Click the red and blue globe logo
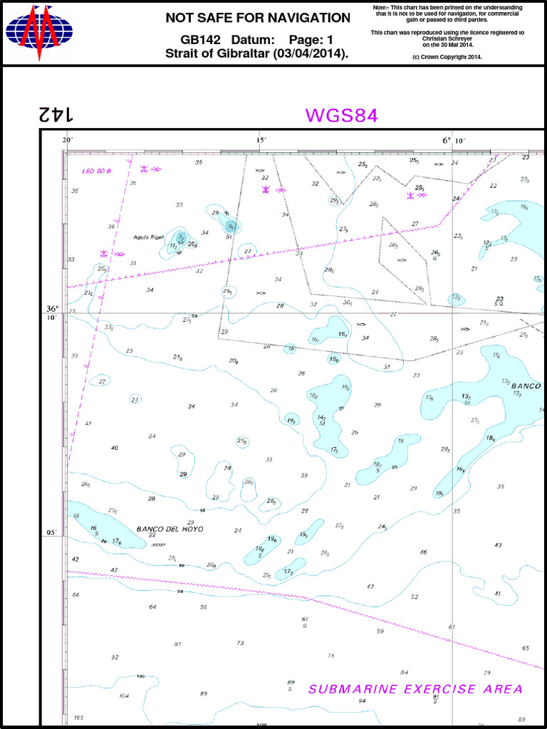39,33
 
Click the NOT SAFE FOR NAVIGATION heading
258,18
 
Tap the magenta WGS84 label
341,115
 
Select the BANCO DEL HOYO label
170,529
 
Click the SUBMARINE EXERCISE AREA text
415,689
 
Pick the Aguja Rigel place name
148,237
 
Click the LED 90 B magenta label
98,171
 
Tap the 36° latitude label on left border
53,309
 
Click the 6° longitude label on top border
447,140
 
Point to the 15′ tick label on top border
261,140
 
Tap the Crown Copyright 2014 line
447,56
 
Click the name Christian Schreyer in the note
447,38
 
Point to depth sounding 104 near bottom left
124,696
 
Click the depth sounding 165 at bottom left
78,718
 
